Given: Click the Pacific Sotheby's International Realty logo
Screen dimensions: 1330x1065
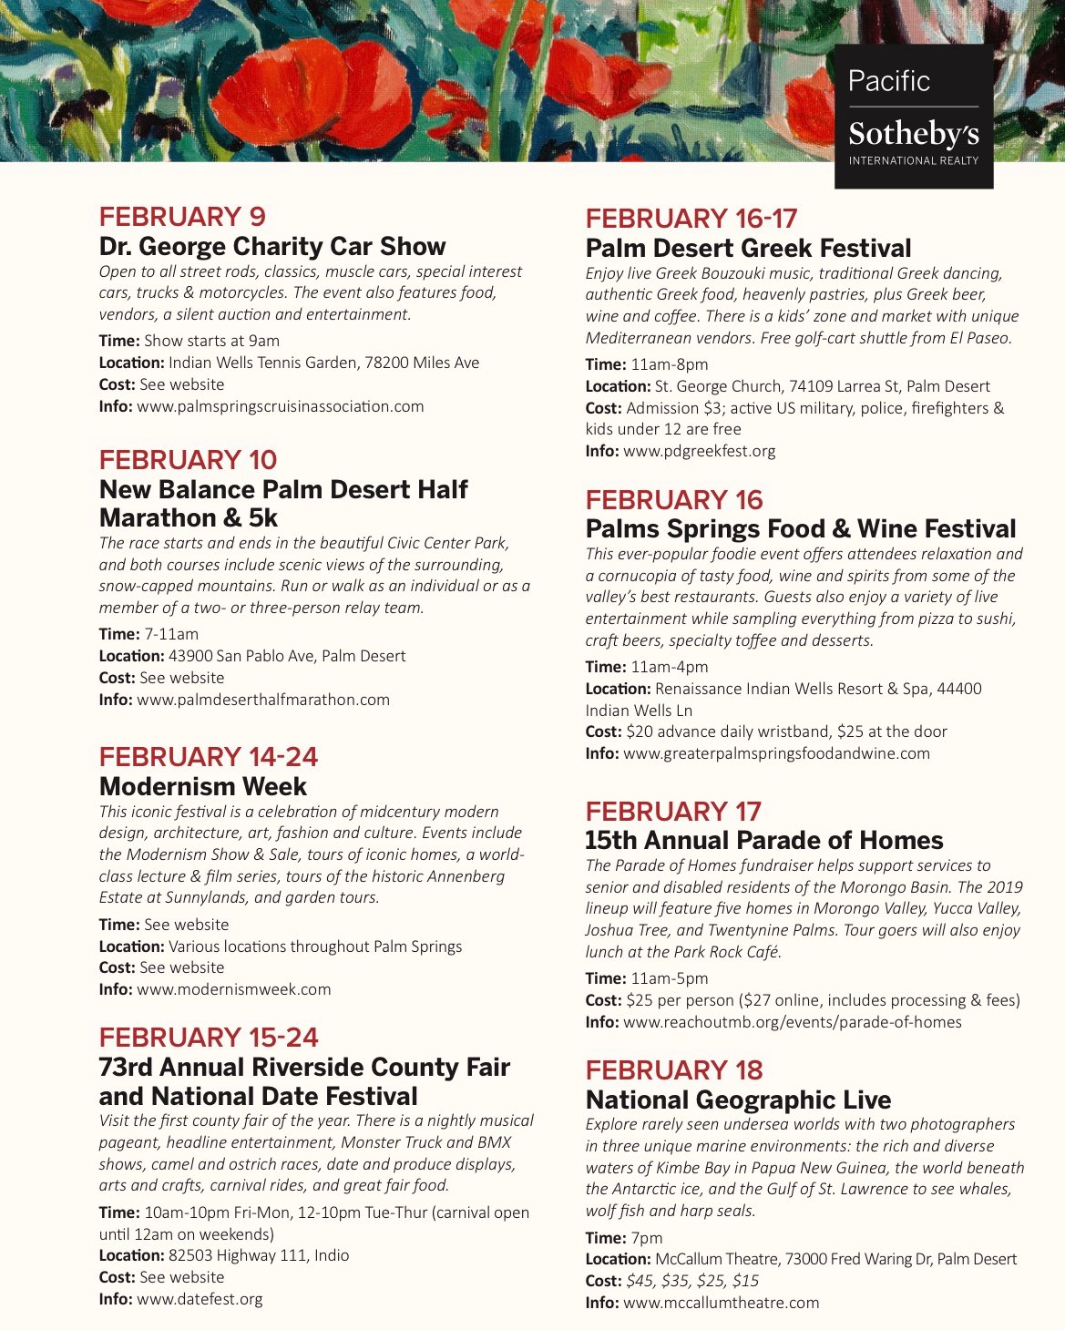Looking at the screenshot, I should point(913,117).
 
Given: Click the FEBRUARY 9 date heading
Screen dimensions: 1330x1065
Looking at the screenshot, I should point(182,217).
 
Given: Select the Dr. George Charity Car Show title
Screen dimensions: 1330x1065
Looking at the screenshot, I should point(272,246).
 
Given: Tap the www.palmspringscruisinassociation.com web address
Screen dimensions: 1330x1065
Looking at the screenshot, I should point(280,406).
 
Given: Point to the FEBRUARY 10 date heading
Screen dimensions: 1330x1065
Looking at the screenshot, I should point(188,459).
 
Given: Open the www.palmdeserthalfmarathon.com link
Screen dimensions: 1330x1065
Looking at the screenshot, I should point(263,700).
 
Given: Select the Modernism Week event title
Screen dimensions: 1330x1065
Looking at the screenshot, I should point(203,786).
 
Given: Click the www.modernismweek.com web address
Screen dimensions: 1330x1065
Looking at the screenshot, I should point(234,989).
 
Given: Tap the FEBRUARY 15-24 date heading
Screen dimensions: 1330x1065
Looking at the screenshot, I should point(209,1038).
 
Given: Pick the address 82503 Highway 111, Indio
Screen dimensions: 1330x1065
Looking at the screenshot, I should point(259,1255).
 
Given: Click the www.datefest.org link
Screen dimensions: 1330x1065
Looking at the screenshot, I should point(200,1299).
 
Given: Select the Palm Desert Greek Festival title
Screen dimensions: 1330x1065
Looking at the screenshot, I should point(748,248).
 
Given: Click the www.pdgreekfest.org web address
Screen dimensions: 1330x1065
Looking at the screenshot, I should point(700,451).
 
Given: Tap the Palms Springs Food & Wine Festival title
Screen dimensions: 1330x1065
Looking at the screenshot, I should point(801,528).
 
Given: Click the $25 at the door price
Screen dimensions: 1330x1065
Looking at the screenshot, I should point(888,731).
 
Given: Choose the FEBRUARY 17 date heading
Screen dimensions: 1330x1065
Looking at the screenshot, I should point(673,811).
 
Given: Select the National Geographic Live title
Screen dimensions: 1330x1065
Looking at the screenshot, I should point(738,1100).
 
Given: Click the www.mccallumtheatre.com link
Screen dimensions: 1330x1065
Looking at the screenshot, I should point(721,1303).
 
